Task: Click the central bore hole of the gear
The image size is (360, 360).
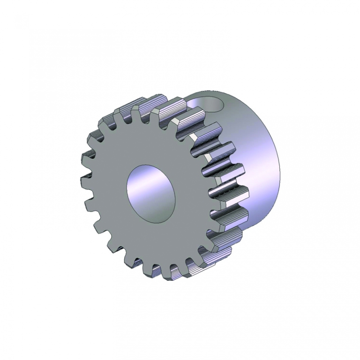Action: tap(151, 193)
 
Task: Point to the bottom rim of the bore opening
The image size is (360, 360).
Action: tap(157, 219)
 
